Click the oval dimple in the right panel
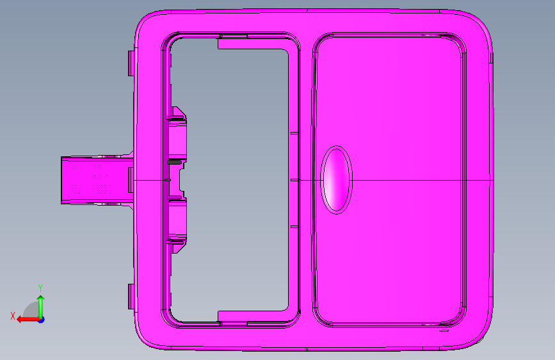click(336, 179)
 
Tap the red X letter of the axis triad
click(13, 316)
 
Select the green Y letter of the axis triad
click(40, 288)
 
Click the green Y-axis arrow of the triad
click(41, 306)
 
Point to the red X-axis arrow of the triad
click(28, 320)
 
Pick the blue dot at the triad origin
click(42, 320)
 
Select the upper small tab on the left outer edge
click(131, 63)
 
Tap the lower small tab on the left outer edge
click(131, 297)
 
